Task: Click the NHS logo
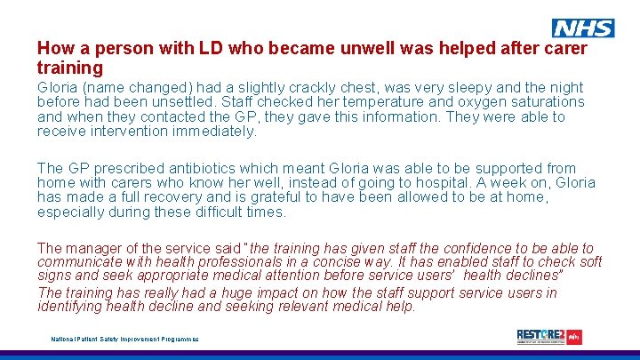coord(583,28)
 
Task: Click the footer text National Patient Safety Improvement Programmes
coord(124,339)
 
